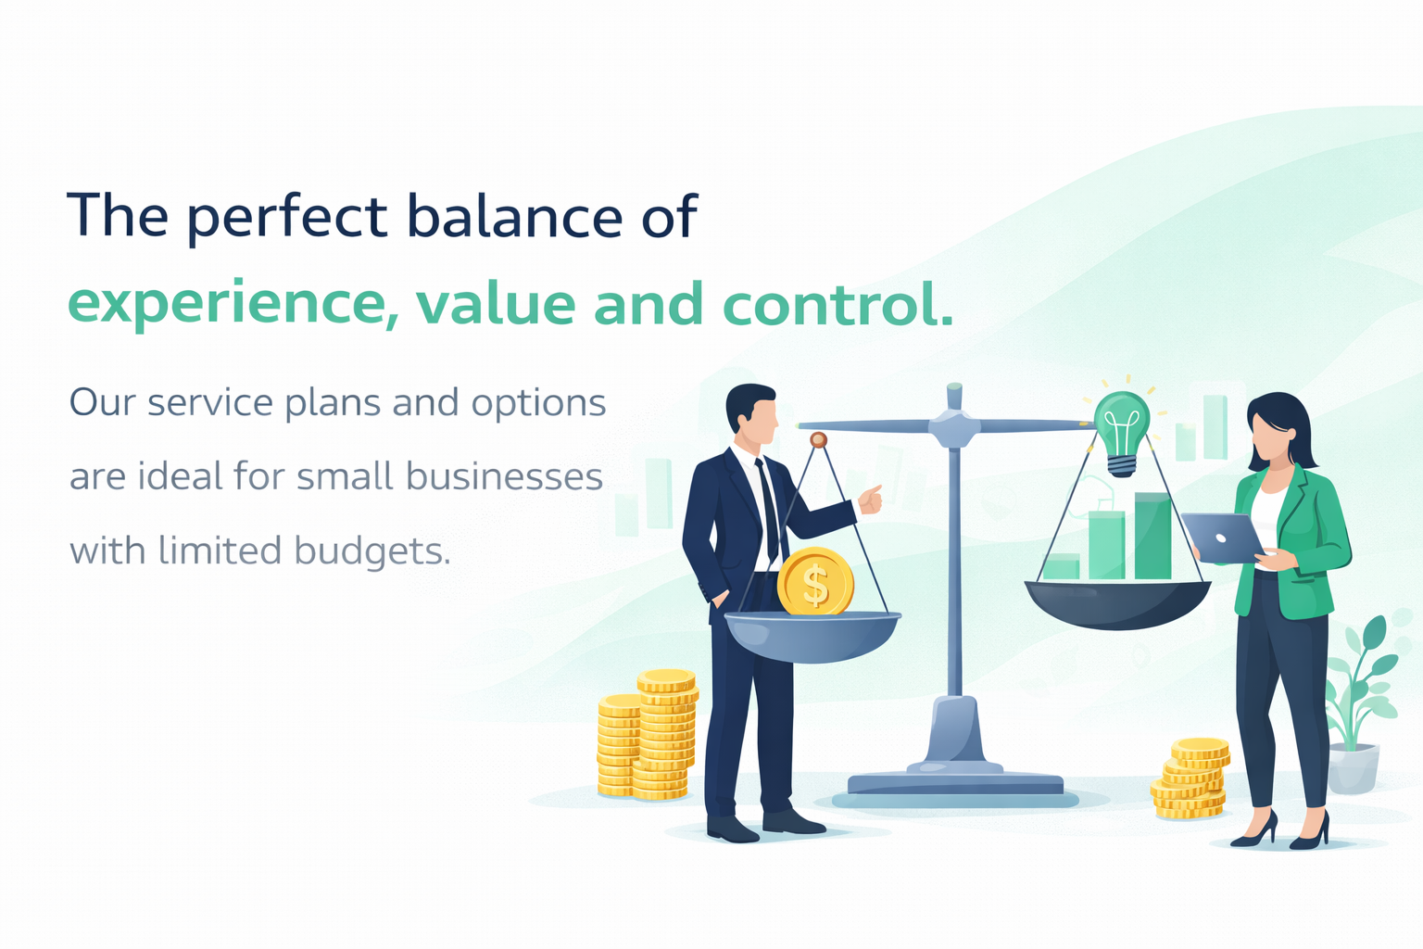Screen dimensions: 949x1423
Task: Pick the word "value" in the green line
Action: coord(496,305)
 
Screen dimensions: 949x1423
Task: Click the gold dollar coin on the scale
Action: coord(815,582)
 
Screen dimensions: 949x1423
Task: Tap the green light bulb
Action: coord(1122,428)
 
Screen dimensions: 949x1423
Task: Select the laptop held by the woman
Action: coord(1222,538)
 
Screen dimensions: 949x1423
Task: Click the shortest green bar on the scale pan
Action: coord(1062,566)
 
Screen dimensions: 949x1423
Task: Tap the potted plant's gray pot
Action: coord(1353,768)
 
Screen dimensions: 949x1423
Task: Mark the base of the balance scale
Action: coord(955,778)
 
